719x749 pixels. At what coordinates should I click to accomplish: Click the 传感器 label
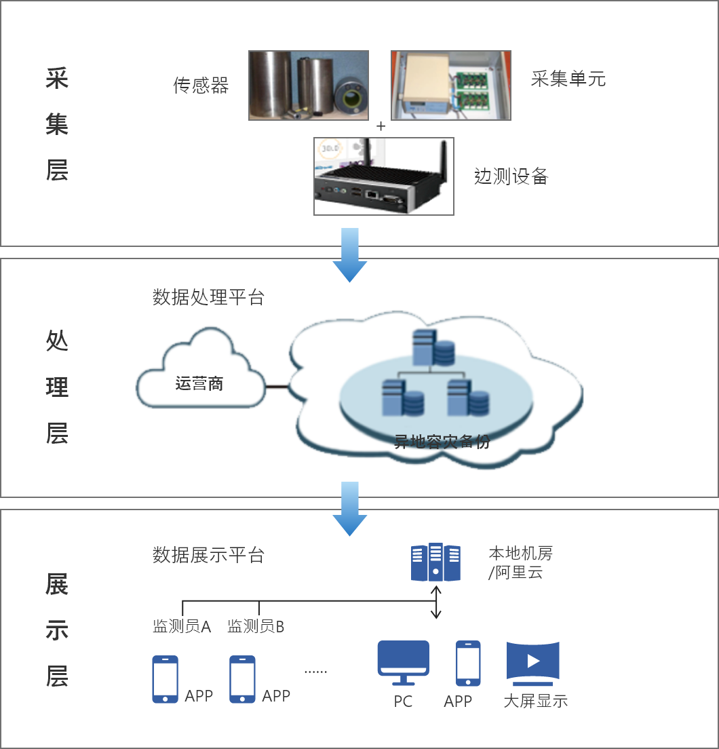coord(201,85)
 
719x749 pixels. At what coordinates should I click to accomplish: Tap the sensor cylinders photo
coord(309,85)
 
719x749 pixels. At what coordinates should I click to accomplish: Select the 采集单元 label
coord(568,79)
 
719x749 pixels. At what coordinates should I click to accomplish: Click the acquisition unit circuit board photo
coord(450,85)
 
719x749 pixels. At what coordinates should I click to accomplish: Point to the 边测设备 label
coord(511,177)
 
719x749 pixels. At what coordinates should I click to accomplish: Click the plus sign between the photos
coord(381,126)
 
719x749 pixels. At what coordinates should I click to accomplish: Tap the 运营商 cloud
coord(199,383)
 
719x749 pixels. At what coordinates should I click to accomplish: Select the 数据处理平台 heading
coord(208,297)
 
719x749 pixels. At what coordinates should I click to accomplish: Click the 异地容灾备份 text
coord(442,442)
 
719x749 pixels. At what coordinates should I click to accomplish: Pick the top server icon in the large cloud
coord(433,347)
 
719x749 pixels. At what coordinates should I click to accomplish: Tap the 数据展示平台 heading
coord(208,555)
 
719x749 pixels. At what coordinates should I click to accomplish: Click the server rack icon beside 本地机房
coord(435,562)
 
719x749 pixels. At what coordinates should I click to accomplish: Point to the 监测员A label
coord(182,626)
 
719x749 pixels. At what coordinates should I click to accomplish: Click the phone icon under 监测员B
coord(242,678)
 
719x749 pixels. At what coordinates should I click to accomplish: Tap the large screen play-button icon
coord(532,661)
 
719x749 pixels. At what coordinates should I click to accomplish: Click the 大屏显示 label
coord(535,701)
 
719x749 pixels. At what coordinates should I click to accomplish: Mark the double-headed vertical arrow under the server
coord(436,602)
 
